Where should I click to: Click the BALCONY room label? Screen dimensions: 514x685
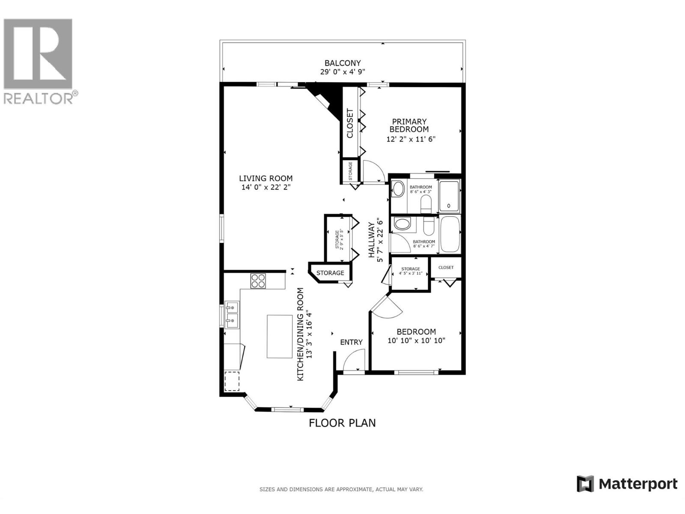coord(342,63)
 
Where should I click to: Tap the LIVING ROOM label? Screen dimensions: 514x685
coord(265,179)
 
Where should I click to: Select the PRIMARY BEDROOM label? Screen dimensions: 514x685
coord(409,126)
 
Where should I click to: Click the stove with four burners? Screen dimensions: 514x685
coord(258,281)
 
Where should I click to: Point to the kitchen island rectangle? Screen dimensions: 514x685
coord(280,336)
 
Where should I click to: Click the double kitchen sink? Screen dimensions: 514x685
coord(232,314)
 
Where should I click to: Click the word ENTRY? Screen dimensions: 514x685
coord(351,342)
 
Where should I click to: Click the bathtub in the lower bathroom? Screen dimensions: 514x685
coord(450,235)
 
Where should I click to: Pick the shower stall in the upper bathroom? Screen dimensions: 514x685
coord(449,197)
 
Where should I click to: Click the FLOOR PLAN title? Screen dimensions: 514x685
coord(342,423)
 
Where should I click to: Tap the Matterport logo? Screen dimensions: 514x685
coord(627,484)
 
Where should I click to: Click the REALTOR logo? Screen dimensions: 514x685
coord(39,60)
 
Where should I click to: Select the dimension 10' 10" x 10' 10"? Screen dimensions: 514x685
coord(417,341)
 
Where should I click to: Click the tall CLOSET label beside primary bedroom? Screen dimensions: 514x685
coord(350,124)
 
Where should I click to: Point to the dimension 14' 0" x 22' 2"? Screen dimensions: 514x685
coord(266,187)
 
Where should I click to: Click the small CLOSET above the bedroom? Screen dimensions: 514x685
coord(446,267)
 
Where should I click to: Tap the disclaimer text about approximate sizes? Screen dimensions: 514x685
coord(341,489)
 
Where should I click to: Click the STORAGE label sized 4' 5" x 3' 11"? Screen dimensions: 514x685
coord(411,271)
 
